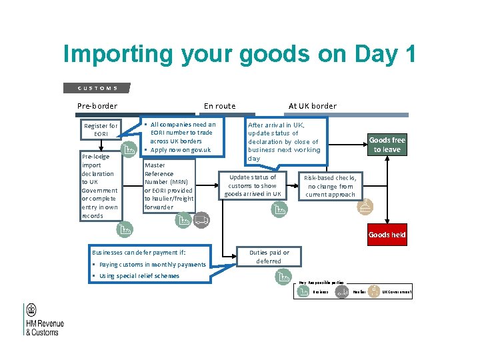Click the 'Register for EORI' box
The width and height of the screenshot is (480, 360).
pyautogui.click(x=101, y=130)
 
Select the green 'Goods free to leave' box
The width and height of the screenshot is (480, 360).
pyautogui.click(x=387, y=145)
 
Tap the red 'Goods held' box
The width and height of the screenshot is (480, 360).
pyautogui.click(x=387, y=235)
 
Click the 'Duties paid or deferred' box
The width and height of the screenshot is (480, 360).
pyautogui.click(x=269, y=257)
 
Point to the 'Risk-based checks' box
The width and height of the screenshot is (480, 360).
pyautogui.click(x=330, y=186)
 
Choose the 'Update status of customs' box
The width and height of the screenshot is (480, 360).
pyautogui.click(x=253, y=185)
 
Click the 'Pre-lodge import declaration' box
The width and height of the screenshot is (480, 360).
pyautogui.click(x=99, y=186)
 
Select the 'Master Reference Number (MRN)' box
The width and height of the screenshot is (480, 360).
pyautogui.click(x=169, y=186)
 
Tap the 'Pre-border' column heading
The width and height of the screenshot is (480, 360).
pyautogui.click(x=97, y=106)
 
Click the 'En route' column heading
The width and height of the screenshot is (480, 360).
pyautogui.click(x=219, y=106)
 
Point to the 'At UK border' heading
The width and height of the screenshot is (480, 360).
pyautogui.click(x=312, y=106)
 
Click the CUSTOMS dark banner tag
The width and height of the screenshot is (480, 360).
pyautogui.click(x=97, y=88)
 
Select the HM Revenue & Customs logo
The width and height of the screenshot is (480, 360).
pyautogui.click(x=44, y=319)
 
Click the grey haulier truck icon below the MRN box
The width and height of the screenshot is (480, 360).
pyautogui.click(x=201, y=219)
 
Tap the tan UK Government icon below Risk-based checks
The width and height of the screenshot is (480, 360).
pyautogui.click(x=365, y=207)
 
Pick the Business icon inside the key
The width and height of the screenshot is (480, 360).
pyautogui.click(x=303, y=292)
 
